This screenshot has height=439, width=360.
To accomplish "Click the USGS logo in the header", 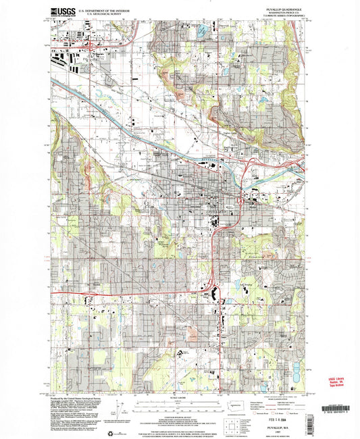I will (63, 11).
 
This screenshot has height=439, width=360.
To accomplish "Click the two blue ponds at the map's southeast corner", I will (294, 370).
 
